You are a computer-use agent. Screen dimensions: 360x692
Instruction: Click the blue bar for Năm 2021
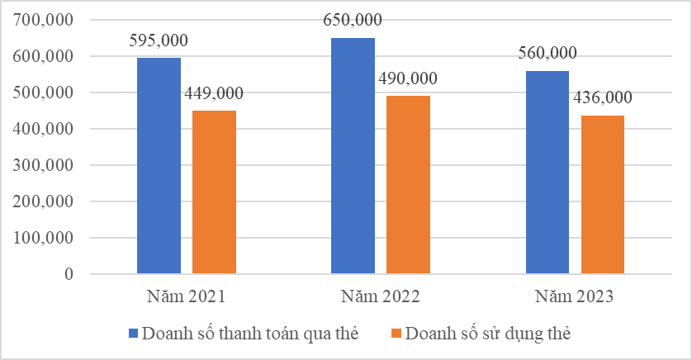click(x=159, y=165)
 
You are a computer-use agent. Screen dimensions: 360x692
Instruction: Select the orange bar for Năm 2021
click(x=214, y=192)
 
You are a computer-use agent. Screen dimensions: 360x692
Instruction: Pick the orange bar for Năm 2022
click(x=408, y=184)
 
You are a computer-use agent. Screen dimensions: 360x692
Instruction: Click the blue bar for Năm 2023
click(x=547, y=172)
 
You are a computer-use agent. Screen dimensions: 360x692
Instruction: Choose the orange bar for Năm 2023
click(x=602, y=194)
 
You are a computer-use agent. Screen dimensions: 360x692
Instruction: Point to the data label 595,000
click(x=159, y=40)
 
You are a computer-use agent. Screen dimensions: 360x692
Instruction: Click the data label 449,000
click(x=214, y=93)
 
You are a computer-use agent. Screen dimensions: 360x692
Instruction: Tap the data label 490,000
click(x=408, y=78)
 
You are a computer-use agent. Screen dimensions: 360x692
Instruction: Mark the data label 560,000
click(x=547, y=54)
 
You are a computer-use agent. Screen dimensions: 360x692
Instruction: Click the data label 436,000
click(x=602, y=98)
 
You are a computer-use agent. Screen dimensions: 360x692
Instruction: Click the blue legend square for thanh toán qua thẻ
click(x=134, y=334)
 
